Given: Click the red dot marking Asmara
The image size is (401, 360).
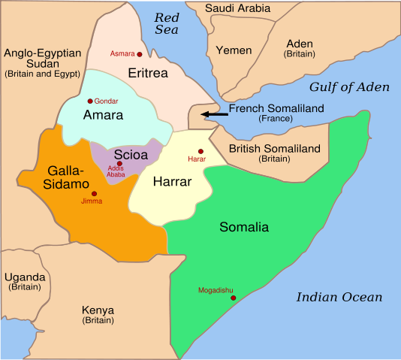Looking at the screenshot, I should (140, 55).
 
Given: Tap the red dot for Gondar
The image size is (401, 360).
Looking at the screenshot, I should (90, 101).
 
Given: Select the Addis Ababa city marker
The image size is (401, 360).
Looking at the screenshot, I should (119, 163).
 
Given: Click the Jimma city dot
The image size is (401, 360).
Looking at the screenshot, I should (94, 194).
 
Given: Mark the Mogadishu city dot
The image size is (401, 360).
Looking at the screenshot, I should (234, 298).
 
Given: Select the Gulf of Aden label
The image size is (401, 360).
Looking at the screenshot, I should (349, 87).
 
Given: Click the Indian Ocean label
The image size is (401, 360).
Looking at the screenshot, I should (339, 297).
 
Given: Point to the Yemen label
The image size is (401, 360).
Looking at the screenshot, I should (234, 50).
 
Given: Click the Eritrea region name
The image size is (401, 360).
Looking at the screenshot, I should (148, 74).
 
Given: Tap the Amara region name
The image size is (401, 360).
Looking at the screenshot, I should (104, 115).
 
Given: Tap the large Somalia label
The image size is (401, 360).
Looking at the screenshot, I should (244, 227).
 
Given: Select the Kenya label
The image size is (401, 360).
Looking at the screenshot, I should (98, 310).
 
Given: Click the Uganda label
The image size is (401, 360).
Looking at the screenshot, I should (25, 277).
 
